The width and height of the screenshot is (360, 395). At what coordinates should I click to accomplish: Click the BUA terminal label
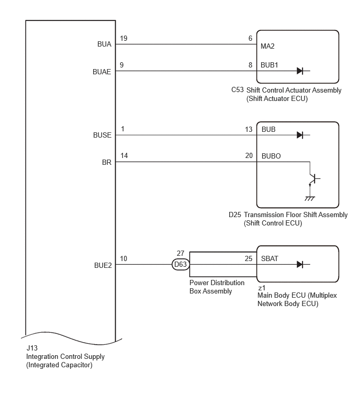[x=104, y=44]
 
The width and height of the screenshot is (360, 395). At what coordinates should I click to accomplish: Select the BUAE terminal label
[x=102, y=72]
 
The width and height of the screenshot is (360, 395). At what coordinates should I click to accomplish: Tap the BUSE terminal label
[x=102, y=135]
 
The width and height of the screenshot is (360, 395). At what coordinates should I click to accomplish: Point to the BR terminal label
[x=107, y=162]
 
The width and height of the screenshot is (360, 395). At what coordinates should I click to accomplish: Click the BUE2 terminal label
[x=103, y=265]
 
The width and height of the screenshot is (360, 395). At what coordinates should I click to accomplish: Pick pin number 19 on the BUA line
[x=123, y=38]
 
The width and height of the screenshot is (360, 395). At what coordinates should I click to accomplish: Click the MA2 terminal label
[x=267, y=46]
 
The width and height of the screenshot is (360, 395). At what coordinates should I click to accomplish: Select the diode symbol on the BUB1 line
[x=300, y=71]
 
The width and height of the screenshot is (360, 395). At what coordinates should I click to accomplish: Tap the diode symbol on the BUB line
[x=300, y=135]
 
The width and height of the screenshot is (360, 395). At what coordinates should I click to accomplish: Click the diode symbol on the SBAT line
[x=300, y=265]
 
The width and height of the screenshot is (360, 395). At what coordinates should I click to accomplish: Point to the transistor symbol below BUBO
[x=313, y=179]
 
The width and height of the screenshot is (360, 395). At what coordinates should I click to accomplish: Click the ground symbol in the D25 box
[x=310, y=198]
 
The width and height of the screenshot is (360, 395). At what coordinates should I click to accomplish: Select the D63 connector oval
[x=181, y=265]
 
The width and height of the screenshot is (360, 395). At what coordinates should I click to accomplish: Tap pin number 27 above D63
[x=181, y=253]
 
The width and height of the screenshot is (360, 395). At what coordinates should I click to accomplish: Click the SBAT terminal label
[x=269, y=258]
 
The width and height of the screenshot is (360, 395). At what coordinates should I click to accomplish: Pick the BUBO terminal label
[x=271, y=156]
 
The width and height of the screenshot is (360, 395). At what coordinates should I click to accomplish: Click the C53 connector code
[x=238, y=89]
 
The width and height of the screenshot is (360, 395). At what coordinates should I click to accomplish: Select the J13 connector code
[x=32, y=348]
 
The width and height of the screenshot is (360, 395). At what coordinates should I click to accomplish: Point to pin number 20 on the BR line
[x=249, y=156]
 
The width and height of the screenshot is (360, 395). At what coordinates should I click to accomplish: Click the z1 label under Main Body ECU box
[x=262, y=288]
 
